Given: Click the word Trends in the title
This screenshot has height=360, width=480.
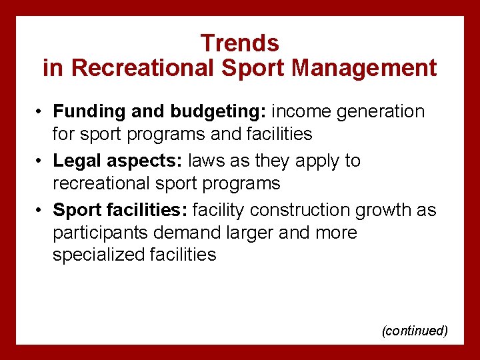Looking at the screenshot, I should [239, 43].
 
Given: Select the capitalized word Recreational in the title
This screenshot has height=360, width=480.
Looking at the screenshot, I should [135, 68].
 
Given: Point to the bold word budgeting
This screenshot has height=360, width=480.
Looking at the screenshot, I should [208, 111].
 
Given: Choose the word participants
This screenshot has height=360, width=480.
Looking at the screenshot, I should [99, 233].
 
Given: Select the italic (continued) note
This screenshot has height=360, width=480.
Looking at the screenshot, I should [414, 331].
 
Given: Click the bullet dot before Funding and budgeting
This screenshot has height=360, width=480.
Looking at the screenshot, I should [41, 112].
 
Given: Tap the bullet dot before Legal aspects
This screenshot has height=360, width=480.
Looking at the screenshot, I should [41, 161].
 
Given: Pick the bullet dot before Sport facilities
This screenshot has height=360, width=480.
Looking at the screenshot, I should [41, 211].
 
